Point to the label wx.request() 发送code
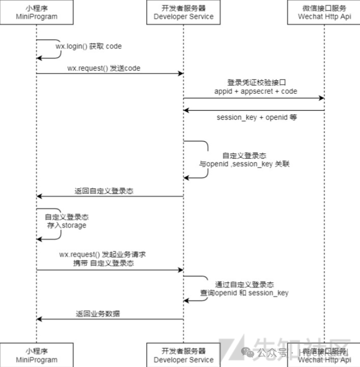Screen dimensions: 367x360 pos(104,68)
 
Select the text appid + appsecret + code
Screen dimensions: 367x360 pos(256,91)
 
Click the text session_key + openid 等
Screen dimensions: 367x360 pos(257,118)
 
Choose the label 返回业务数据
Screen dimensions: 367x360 pos(98,313)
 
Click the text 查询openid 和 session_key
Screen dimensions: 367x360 pos(244,293)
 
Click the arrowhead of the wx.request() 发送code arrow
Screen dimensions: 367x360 pos(180,73)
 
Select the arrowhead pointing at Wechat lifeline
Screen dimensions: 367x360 pos(321,98)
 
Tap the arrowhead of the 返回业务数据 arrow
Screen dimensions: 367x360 pos(39,319)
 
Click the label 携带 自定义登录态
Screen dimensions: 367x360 pos(102,263)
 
